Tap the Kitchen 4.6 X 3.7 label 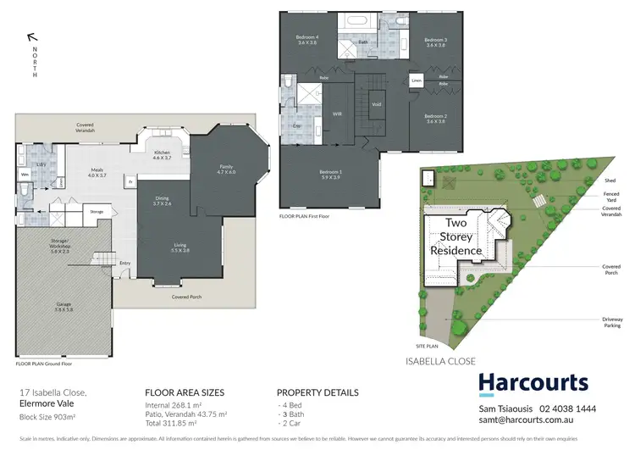162,155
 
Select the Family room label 226,169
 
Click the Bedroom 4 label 306,40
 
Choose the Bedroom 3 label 435,42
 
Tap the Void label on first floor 377,105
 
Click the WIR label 336,112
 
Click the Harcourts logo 533,383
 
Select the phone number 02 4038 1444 574,408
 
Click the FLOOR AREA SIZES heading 185,393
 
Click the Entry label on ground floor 125,263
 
